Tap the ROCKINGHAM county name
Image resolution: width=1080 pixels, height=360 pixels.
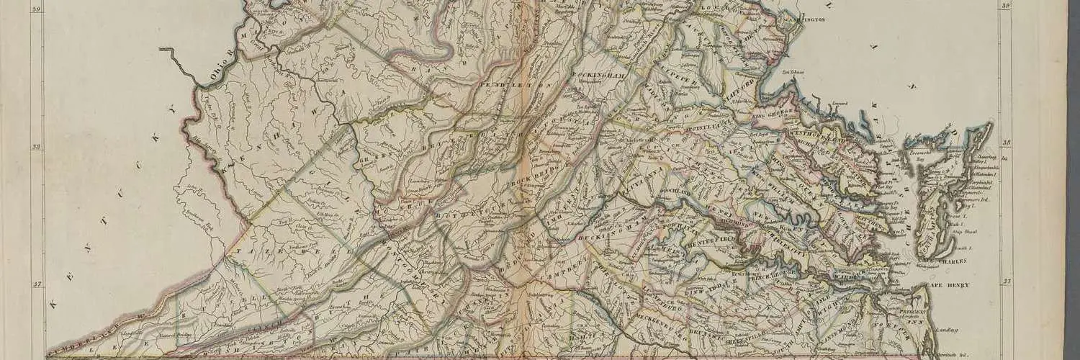[x=595, y=75]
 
